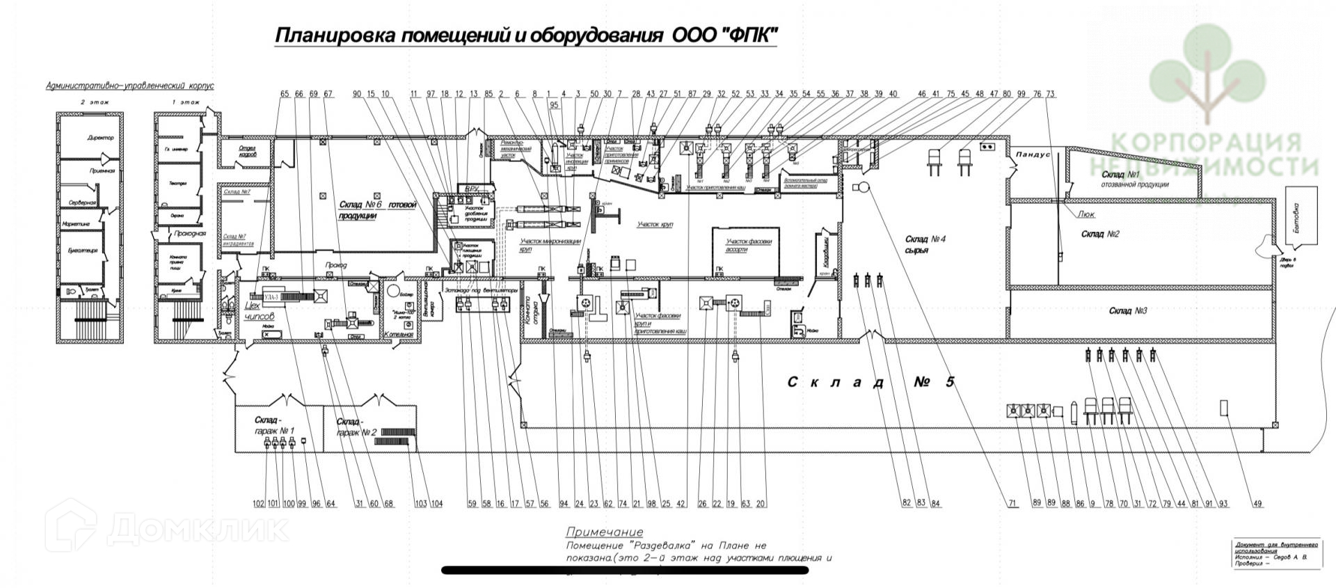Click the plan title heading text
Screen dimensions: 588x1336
pos(525,35)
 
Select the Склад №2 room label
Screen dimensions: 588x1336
pos(1100,235)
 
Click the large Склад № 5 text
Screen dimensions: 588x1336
pos(872,382)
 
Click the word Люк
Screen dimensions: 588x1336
pos(1086,215)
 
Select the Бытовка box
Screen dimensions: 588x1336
pos(1296,216)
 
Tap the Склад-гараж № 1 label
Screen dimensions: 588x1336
pos(274,425)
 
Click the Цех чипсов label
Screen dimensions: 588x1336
pos(260,311)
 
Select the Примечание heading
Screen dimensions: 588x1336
pos(604,532)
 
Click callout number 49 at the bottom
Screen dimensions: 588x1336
pos(1257,504)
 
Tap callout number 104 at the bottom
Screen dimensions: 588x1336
pos(436,504)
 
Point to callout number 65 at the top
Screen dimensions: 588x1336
pos(284,94)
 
